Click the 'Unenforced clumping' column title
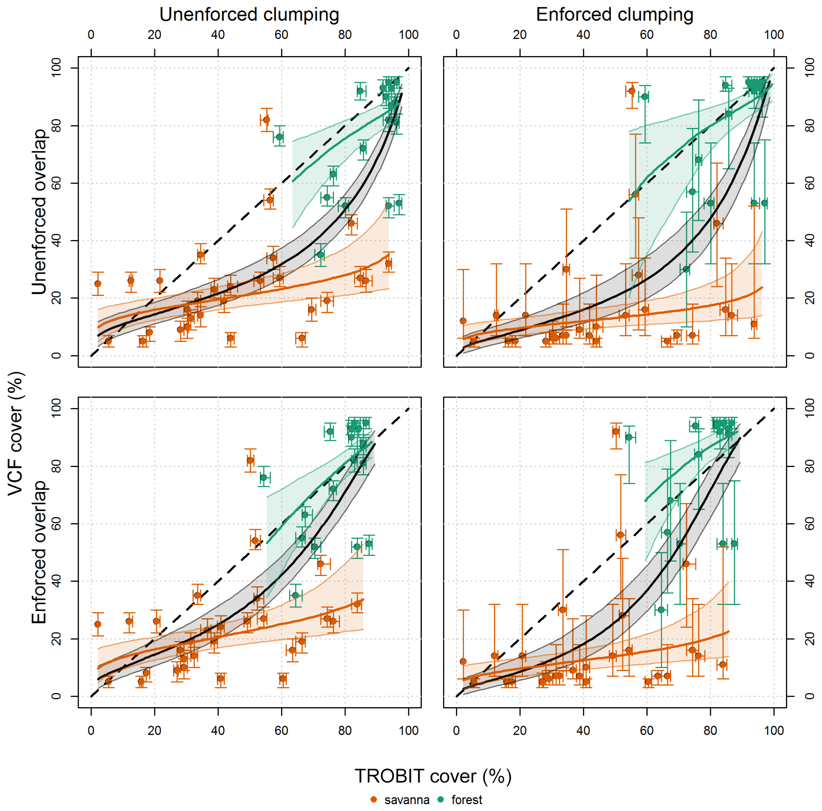[249, 15]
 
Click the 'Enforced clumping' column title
[614, 15]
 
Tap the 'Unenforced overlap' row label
[39, 212]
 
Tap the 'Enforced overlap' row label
[39, 552]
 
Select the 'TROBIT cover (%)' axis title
[433, 776]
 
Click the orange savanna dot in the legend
[374, 800]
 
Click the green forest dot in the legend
[441, 800]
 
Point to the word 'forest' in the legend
[467, 800]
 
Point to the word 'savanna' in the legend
[407, 800]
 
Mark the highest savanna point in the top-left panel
[266, 120]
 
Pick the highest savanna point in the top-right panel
[632, 91]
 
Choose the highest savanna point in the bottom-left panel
[250, 460]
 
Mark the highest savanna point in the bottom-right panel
[615, 432]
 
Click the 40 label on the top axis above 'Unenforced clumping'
[218, 35]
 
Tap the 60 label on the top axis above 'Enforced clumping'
[647, 35]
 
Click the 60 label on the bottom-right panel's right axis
[810, 524]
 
